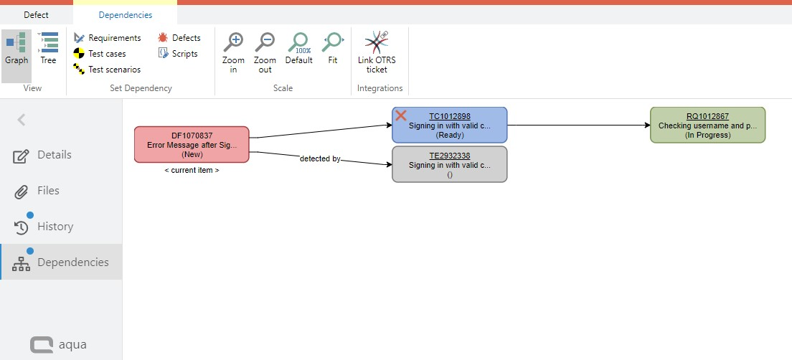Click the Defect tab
click(x=36, y=14)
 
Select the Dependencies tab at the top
click(x=126, y=14)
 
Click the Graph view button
click(x=16, y=49)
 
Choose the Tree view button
click(x=48, y=49)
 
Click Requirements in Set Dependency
click(x=108, y=38)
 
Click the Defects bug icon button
click(x=179, y=38)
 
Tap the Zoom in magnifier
click(x=233, y=52)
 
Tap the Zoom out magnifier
click(x=265, y=52)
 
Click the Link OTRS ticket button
click(x=377, y=52)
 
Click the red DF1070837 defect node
click(x=192, y=144)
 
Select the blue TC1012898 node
click(x=450, y=125)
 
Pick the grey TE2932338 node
click(x=450, y=164)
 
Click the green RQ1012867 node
click(x=707, y=125)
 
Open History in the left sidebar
click(x=55, y=227)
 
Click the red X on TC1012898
click(x=401, y=115)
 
